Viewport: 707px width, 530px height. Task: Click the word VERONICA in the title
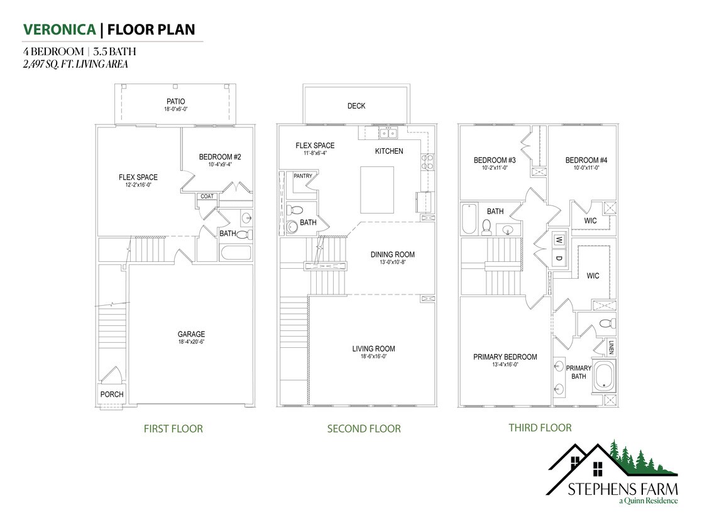coord(60,29)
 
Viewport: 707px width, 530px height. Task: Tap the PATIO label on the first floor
coord(175,101)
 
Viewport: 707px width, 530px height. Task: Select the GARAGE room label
coord(190,334)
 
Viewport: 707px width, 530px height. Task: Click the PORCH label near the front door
coord(112,394)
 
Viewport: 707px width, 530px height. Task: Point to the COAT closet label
coord(207,197)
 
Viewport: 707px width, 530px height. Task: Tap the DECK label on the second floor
coord(356,106)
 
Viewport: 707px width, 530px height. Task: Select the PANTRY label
coord(302,176)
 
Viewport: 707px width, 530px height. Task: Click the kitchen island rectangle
coord(377,190)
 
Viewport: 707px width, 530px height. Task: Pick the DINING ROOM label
coord(392,254)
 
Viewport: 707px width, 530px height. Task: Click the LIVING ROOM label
coord(373,349)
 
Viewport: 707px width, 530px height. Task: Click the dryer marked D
coord(558,257)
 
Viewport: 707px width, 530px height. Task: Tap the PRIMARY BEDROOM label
coord(505,357)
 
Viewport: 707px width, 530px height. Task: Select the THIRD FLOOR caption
coord(540,428)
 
